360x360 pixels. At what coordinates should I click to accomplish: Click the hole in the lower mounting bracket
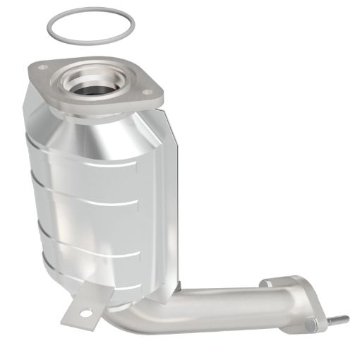pos(84,312)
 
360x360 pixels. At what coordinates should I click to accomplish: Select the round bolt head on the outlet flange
pos(310,323)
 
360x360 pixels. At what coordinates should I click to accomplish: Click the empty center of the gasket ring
pos(90,27)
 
